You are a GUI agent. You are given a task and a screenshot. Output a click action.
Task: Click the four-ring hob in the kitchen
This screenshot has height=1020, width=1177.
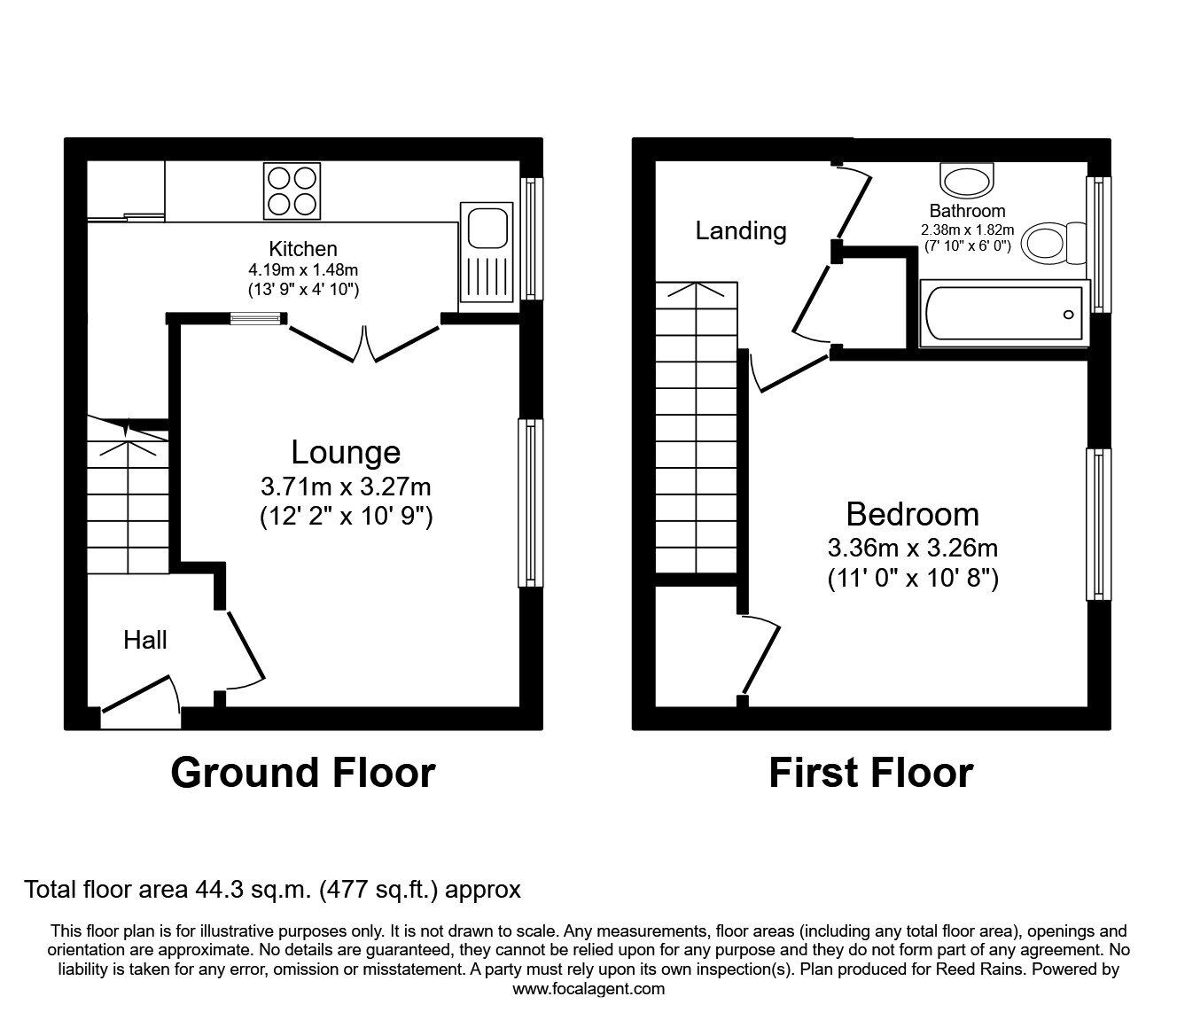tap(292, 191)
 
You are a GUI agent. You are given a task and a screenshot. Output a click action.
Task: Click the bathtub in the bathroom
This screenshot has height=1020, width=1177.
tap(1003, 315)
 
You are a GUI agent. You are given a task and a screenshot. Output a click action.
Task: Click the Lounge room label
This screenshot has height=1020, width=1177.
tap(346, 452)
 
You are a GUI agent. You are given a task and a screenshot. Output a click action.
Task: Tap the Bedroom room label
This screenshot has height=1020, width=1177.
tap(913, 514)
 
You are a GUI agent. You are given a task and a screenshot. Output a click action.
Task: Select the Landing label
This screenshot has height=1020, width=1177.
tap(741, 230)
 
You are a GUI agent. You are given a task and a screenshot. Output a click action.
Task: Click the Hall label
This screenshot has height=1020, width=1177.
tap(145, 640)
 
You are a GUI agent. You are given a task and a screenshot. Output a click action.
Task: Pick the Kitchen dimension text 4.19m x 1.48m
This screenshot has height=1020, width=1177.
tap(303, 270)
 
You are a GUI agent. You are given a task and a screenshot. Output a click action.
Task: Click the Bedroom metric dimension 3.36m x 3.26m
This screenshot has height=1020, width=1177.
tap(913, 549)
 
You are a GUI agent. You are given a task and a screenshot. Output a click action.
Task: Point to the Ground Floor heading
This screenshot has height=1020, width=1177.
tap(303, 772)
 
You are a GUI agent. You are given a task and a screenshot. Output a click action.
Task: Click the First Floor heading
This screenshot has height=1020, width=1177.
tap(870, 772)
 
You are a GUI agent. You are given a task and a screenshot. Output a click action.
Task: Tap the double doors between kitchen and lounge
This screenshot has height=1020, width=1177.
tap(364, 342)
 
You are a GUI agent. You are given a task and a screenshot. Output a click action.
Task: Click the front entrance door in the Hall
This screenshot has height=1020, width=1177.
tap(142, 696)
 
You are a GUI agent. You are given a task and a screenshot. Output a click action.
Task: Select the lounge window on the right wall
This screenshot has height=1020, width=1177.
tap(530, 502)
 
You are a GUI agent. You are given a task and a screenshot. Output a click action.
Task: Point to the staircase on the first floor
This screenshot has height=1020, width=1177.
tap(698, 430)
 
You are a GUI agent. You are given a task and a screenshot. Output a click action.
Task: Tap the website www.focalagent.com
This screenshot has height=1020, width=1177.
tap(588, 989)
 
